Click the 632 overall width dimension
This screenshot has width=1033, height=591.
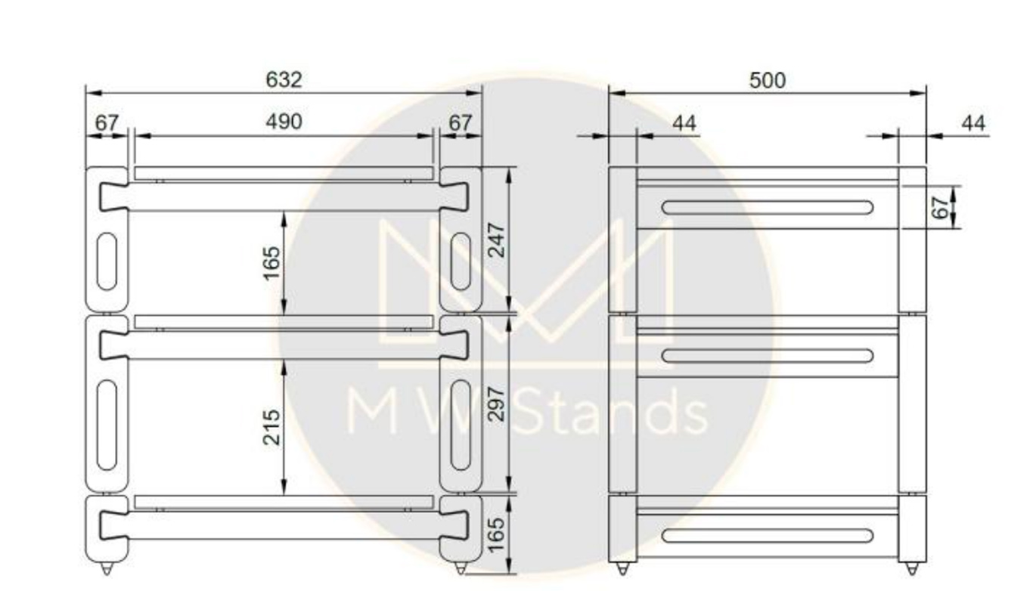284,80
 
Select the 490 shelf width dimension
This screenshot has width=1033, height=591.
284,122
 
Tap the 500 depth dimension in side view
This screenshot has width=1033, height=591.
768,80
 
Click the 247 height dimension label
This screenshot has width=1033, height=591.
496,240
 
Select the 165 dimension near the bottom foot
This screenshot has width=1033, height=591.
496,534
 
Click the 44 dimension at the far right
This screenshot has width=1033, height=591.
973,123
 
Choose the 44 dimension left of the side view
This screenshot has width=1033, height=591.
684,123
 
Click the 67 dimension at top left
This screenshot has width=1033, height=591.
107,122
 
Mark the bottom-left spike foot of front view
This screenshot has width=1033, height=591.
107,568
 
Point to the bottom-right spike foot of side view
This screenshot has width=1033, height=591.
912,568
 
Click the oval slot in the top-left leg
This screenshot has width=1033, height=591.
107,261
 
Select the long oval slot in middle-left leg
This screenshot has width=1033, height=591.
107,425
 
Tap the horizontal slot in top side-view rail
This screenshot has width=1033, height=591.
767,207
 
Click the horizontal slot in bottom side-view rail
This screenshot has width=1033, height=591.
767,536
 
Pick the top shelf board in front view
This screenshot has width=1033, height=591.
284,173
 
